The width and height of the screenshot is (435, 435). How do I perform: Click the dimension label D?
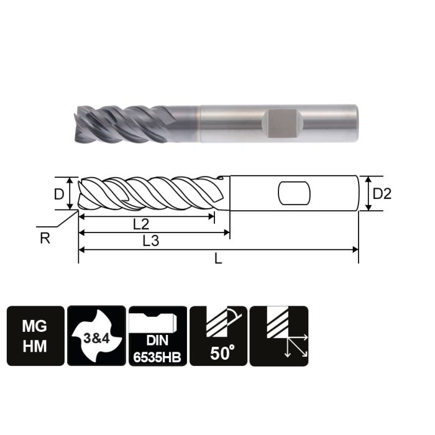pos(59,194)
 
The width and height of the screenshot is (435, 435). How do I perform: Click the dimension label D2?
pos(382,194)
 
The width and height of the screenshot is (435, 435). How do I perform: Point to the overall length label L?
pos(218,259)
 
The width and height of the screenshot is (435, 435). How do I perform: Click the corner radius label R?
pos(45,239)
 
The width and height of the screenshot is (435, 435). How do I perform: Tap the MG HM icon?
pos(35,336)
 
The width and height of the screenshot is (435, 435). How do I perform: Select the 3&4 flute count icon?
pos(96,336)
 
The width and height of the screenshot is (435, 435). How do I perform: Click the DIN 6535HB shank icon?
pos(157,336)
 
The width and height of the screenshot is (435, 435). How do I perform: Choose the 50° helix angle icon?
pos(217,336)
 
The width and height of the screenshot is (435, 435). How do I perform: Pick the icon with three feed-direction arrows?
pos(278,336)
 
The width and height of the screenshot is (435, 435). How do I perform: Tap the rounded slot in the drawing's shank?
pos(293,193)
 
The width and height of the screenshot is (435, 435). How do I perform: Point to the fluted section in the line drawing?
pos(149,193)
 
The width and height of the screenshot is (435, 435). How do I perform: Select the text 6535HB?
pos(157,359)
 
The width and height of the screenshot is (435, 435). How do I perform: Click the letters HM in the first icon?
pos(35,346)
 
